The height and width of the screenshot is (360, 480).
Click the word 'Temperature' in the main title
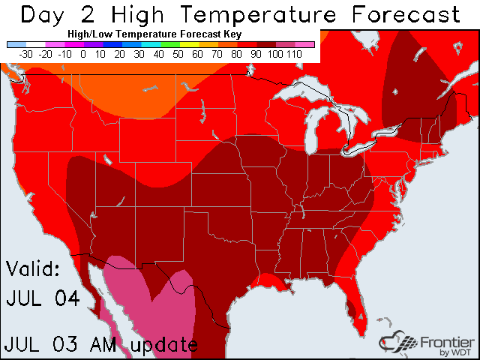[271, 13]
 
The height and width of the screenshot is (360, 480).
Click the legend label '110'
[293, 54]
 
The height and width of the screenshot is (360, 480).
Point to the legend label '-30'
[25, 54]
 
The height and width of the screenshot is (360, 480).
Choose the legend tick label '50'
[177, 54]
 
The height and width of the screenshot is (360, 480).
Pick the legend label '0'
[83, 54]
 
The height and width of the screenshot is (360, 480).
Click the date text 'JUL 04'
[43, 298]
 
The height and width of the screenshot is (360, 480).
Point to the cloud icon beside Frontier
[396, 341]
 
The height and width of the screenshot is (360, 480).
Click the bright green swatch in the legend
[177, 45]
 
